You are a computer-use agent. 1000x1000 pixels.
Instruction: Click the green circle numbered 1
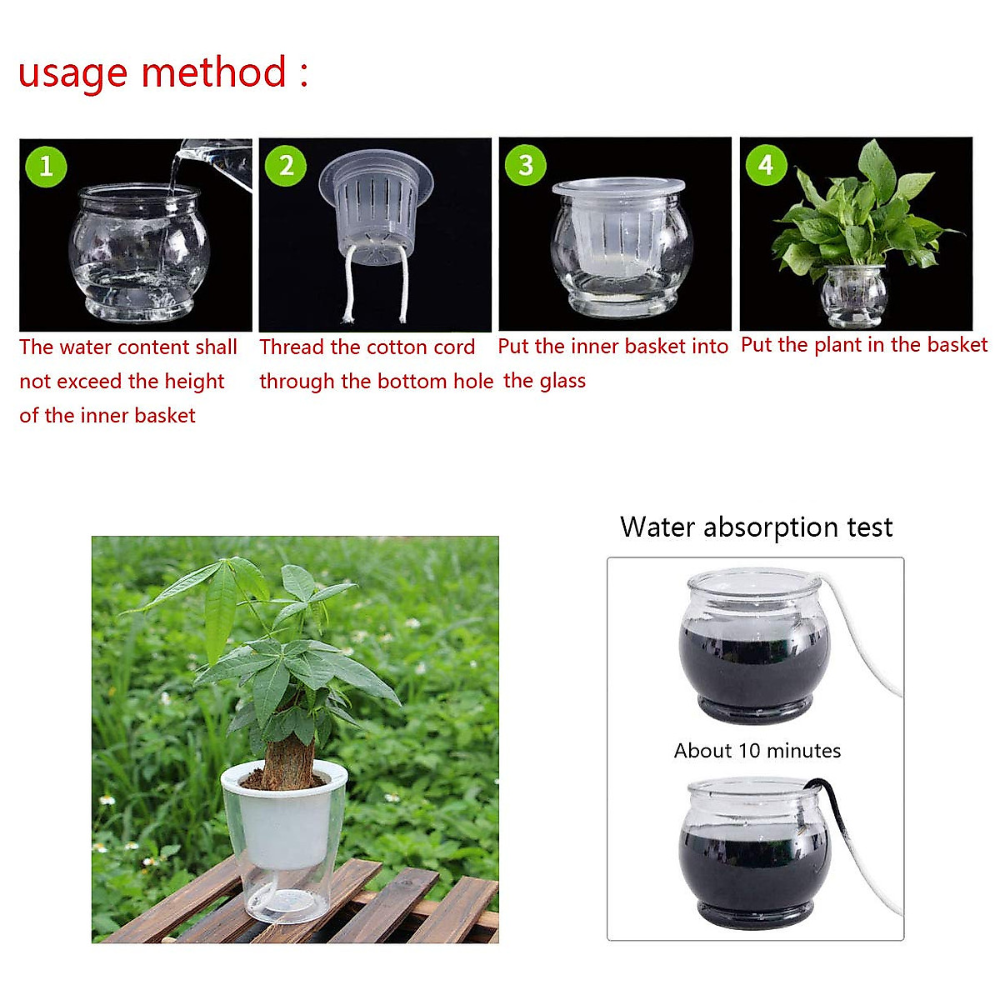click(46, 165)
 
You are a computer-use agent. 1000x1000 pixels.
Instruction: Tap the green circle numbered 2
click(286, 165)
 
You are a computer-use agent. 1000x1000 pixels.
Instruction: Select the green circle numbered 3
click(526, 165)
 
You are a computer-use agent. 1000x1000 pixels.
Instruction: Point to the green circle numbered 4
click(766, 165)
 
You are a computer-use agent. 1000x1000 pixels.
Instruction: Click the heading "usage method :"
click(163, 73)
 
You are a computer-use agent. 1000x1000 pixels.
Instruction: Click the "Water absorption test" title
click(756, 527)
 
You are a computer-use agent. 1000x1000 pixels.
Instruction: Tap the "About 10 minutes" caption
click(757, 751)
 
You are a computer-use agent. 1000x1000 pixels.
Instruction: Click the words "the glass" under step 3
click(544, 381)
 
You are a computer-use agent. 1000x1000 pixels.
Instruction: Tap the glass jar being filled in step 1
click(137, 254)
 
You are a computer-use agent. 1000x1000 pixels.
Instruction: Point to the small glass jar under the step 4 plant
click(854, 296)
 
